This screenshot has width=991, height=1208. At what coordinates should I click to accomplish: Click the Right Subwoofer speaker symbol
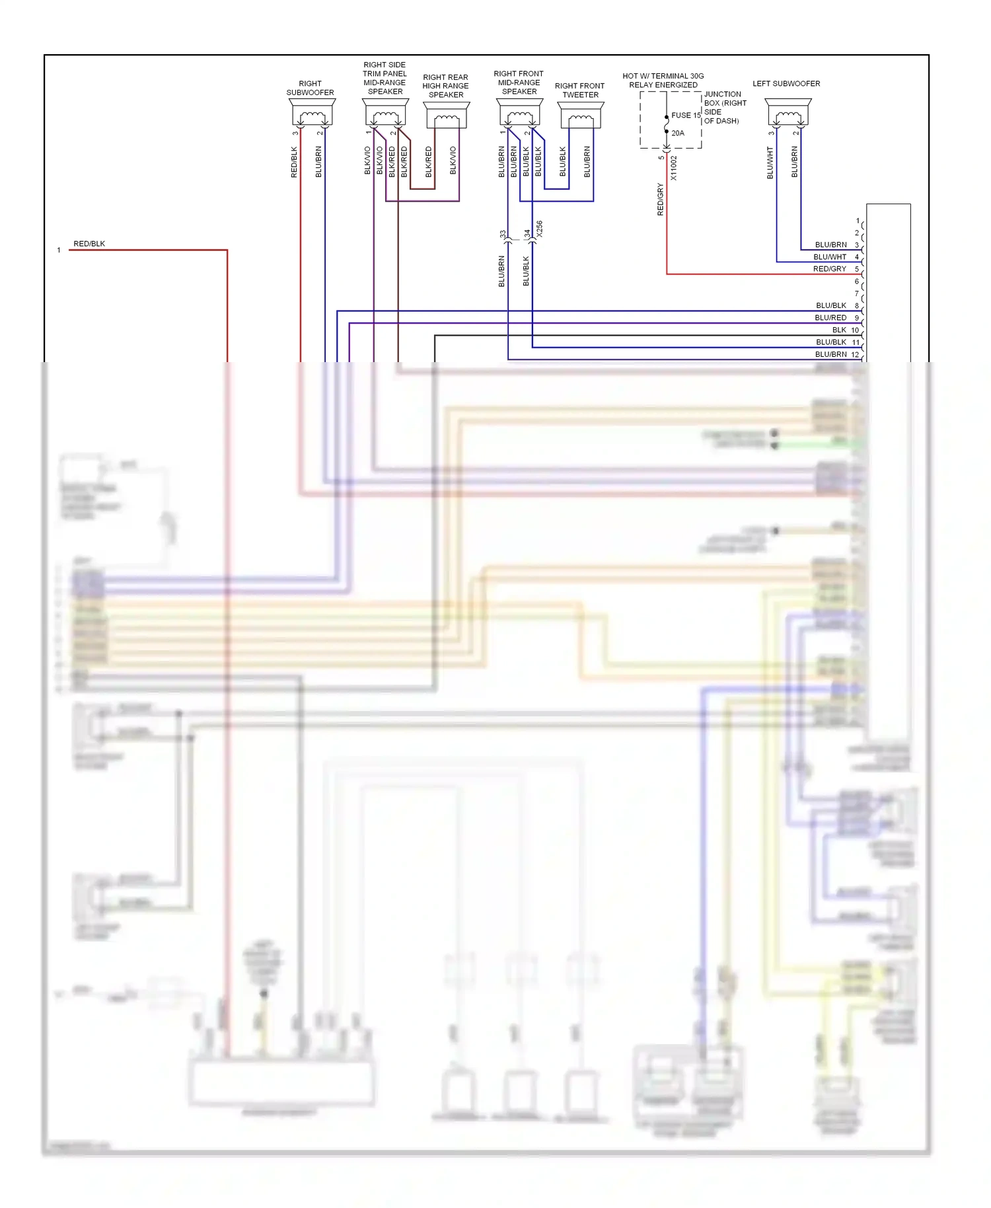pyautogui.click(x=311, y=113)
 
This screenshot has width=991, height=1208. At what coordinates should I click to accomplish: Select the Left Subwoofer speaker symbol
pyautogui.click(x=788, y=113)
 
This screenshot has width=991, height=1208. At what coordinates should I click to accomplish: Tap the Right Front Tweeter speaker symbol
pyautogui.click(x=581, y=116)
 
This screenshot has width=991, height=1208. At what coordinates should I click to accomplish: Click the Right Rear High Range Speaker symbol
pyautogui.click(x=447, y=116)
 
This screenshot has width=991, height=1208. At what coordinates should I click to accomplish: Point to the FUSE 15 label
pyautogui.click(x=686, y=115)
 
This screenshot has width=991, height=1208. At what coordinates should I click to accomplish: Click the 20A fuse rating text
pyautogui.click(x=678, y=133)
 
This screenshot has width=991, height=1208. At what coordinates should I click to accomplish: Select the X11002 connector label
pyautogui.click(x=674, y=168)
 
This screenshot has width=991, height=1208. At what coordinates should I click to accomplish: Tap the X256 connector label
pyautogui.click(x=539, y=229)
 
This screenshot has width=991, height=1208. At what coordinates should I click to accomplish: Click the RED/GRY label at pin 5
pyautogui.click(x=829, y=269)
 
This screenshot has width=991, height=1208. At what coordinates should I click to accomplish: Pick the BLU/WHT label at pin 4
pyautogui.click(x=829, y=257)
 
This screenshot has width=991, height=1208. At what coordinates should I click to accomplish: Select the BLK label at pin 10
pyautogui.click(x=839, y=330)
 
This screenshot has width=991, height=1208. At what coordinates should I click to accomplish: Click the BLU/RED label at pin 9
pyautogui.click(x=830, y=318)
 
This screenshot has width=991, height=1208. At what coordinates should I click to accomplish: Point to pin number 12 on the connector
pyautogui.click(x=855, y=355)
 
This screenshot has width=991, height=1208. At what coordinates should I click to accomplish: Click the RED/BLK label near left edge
pyautogui.click(x=89, y=244)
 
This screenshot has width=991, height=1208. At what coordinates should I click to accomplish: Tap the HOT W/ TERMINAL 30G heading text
pyautogui.click(x=663, y=76)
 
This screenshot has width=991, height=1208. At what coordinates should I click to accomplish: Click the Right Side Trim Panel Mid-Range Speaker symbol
pyautogui.click(x=386, y=113)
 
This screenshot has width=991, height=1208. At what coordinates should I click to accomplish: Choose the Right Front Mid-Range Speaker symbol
pyautogui.click(x=520, y=113)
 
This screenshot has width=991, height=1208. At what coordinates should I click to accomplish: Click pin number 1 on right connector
pyautogui.click(x=858, y=221)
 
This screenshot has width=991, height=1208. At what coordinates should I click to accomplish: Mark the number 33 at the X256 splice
pyautogui.click(x=503, y=234)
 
